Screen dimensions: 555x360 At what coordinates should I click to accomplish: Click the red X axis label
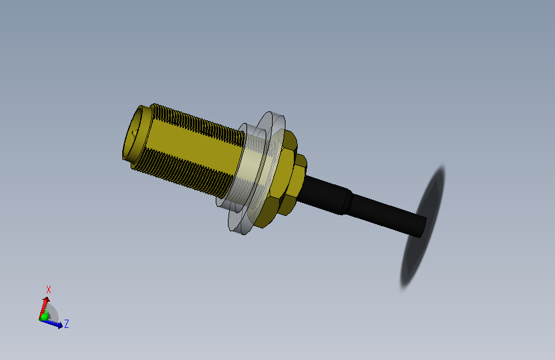pos(49,290)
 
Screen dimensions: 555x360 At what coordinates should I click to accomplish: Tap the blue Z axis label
pos(66,323)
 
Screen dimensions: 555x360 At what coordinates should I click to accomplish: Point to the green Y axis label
pos(47,311)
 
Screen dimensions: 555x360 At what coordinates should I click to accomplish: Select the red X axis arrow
pos(44,307)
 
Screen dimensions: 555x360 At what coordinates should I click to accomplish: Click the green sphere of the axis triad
pos(44,317)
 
